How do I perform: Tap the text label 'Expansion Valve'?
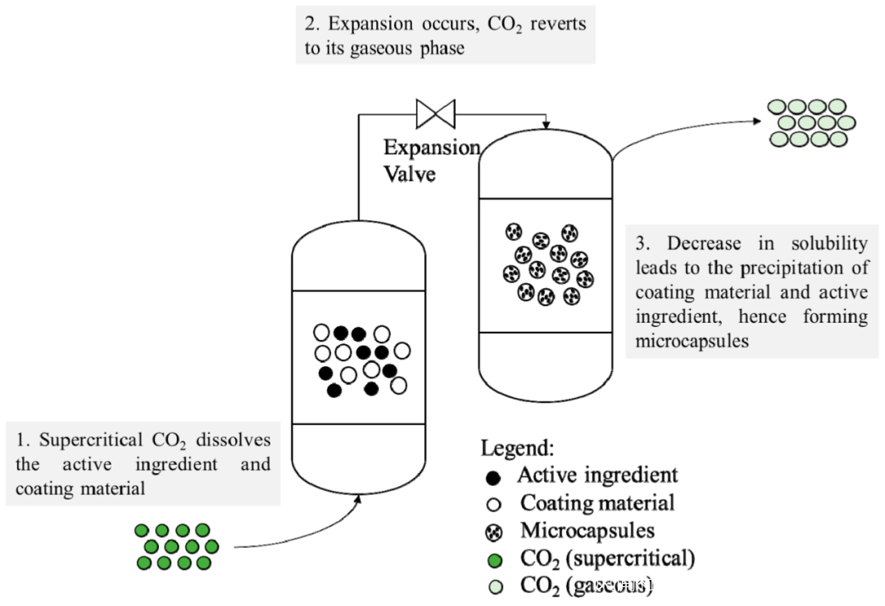tap(432, 160)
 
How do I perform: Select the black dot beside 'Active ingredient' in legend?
tap(494, 476)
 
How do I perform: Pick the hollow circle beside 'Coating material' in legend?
tap(494, 504)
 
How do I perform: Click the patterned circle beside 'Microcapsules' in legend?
tap(494, 532)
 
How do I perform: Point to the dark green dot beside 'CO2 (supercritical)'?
tap(494, 560)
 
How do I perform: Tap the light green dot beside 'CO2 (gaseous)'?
tap(494, 587)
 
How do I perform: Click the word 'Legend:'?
tap(517, 448)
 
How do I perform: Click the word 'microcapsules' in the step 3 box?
tap(692, 341)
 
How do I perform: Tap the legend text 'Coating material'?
tap(597, 503)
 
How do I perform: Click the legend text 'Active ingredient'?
tap(597, 475)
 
